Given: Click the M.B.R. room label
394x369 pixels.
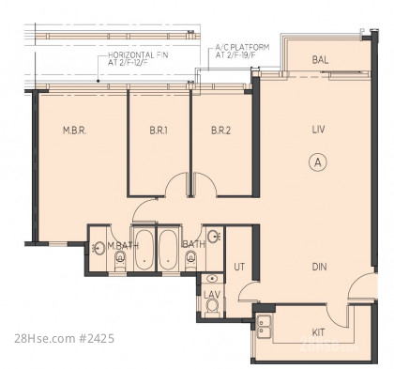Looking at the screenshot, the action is pos(74,131).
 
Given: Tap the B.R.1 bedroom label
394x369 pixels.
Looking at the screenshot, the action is pos(159,131).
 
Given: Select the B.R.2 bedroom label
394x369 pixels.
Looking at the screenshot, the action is pos(220,131).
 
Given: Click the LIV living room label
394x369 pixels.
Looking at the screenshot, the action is pos(318,130).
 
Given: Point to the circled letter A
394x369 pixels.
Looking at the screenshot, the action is pos(318,162).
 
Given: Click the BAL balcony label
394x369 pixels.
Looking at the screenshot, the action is pos(320,60).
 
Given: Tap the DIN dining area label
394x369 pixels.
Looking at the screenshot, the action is pos(319,267).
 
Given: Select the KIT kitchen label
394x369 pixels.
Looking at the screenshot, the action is pos(318,332).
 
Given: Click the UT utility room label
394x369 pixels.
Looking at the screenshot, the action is pos(239,267).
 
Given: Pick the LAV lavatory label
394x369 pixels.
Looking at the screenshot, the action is pos(212,295).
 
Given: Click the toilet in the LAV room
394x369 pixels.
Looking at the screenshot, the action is pos(212,307).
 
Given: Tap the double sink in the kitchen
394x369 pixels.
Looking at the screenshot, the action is pos(265,327).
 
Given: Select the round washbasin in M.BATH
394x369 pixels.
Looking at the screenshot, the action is pos(99,248).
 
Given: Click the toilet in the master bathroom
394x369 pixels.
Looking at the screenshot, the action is pos(120,260).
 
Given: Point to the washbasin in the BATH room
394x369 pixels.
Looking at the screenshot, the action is pos(214,237).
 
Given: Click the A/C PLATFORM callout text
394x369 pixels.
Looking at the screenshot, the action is pos(242,52).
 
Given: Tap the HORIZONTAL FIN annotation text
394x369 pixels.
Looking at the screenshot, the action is pos(138,58).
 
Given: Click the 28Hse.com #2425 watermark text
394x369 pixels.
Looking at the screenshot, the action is pos(65,339).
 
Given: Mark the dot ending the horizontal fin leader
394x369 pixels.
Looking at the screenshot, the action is pos(98,81).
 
